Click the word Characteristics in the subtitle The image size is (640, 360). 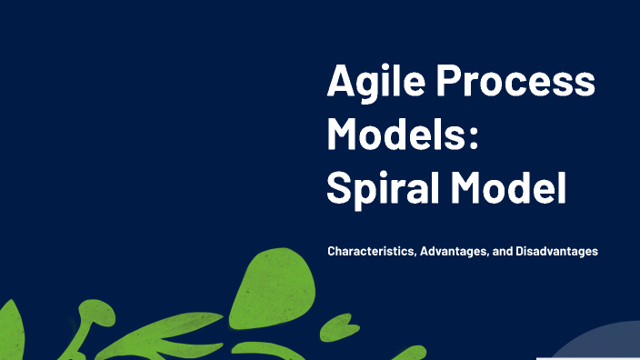372,251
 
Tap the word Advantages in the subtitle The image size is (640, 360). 453,251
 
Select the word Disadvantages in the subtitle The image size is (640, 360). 556,251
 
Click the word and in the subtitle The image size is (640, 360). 502,251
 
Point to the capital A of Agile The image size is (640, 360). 342,84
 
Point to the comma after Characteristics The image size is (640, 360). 417,255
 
